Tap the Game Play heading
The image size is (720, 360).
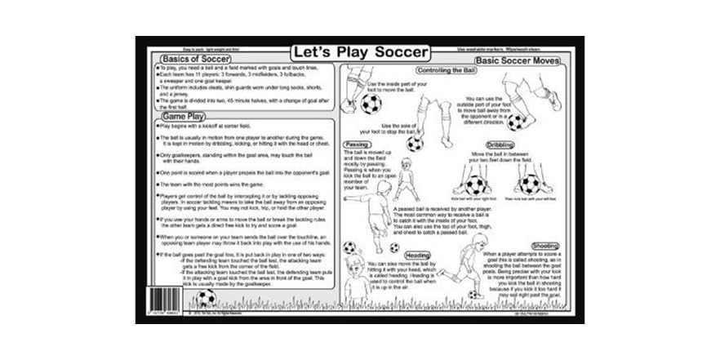click(x=182, y=117)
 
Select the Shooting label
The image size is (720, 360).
click(x=544, y=245)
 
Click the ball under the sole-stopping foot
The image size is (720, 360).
click(x=416, y=144)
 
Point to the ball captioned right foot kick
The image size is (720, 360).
click(x=475, y=184)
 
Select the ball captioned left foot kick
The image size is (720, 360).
click(x=530, y=184)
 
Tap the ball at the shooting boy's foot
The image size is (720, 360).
click(x=473, y=294)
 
